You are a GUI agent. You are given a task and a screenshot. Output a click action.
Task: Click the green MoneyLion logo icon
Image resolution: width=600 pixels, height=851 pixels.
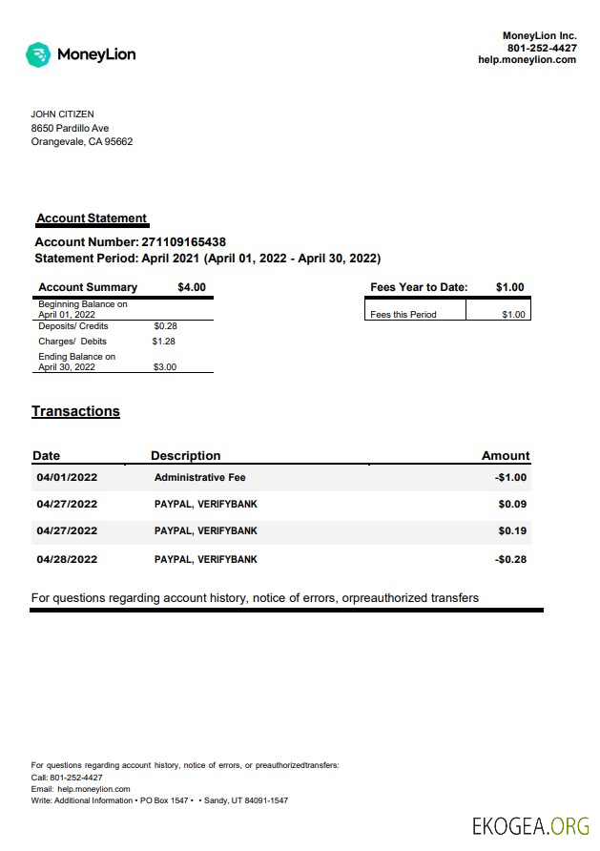pyautogui.click(x=38, y=54)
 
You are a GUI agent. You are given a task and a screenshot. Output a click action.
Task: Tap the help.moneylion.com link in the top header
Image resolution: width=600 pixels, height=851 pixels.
pyautogui.click(x=527, y=60)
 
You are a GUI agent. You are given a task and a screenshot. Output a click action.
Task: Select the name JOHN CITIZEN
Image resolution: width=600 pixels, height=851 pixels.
pyautogui.click(x=62, y=114)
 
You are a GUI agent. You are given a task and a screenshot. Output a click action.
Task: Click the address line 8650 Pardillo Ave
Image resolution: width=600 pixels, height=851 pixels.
pyautogui.click(x=70, y=128)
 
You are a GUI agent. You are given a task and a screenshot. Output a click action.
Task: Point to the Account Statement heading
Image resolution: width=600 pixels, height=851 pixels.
pyautogui.click(x=92, y=218)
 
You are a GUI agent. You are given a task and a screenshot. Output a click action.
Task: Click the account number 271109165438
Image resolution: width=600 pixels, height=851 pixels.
pyautogui.click(x=183, y=242)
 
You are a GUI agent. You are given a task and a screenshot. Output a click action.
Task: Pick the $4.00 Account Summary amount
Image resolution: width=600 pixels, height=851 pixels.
pyautogui.click(x=191, y=287)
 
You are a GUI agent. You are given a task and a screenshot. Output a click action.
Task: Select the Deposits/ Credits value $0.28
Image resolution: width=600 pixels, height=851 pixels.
pyautogui.click(x=165, y=326)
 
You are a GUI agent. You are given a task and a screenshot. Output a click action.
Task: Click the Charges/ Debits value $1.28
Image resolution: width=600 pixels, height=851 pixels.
pyautogui.click(x=164, y=341)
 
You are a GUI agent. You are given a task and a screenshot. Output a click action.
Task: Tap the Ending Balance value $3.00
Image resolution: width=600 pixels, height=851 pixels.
pyautogui.click(x=164, y=366)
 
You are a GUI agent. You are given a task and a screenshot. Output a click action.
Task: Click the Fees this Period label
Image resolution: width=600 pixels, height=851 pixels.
pyautogui.click(x=403, y=315)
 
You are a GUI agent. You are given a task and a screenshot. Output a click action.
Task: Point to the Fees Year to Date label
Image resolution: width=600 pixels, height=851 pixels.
pyautogui.click(x=419, y=287)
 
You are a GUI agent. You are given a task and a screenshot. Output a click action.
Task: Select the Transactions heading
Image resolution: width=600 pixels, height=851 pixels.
pyautogui.click(x=75, y=412)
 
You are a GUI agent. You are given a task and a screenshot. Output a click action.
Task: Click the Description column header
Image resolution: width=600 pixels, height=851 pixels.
pyautogui.click(x=185, y=456)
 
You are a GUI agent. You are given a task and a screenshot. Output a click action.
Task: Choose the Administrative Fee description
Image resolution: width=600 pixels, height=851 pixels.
pyautogui.click(x=199, y=478)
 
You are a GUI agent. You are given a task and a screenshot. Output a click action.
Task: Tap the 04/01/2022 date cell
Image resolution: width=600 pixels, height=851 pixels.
pyautogui.click(x=67, y=478)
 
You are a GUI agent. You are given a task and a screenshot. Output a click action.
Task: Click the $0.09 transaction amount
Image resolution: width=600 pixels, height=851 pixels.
pyautogui.click(x=512, y=504)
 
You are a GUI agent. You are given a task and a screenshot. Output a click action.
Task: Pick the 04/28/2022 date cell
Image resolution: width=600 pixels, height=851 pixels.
pyautogui.click(x=67, y=559)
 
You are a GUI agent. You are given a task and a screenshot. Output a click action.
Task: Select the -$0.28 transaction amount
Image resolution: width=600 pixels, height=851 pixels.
pyautogui.click(x=511, y=559)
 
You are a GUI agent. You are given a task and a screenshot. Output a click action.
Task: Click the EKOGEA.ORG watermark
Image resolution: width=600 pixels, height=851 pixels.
pyautogui.click(x=530, y=825)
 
